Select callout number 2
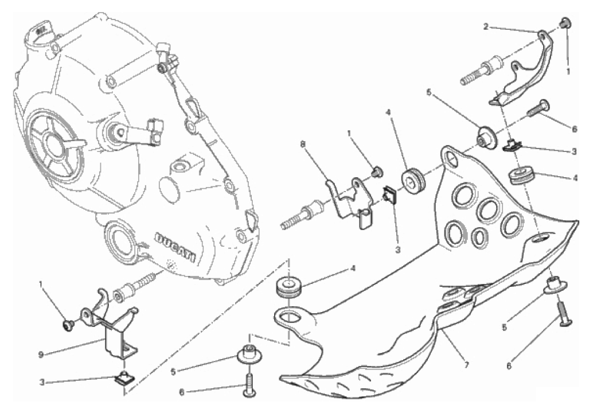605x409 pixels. coord(486,26)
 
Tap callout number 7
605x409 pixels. coord(466,364)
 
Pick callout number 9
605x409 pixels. coord(41,354)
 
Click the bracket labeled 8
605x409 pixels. coord(350,202)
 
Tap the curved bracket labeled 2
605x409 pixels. coord(523,69)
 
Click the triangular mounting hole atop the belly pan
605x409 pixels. coord(451,157)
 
